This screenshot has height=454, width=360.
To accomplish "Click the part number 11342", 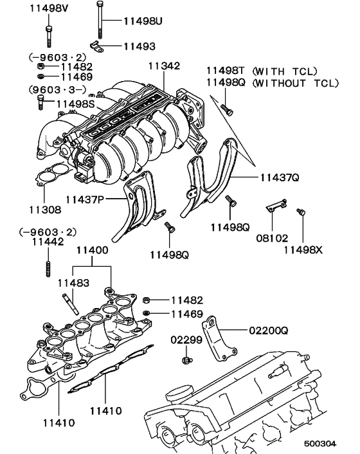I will point(164,66).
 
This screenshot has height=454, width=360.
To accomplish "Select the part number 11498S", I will point(76,103).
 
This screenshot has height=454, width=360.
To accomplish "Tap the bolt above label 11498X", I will point(299,212).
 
